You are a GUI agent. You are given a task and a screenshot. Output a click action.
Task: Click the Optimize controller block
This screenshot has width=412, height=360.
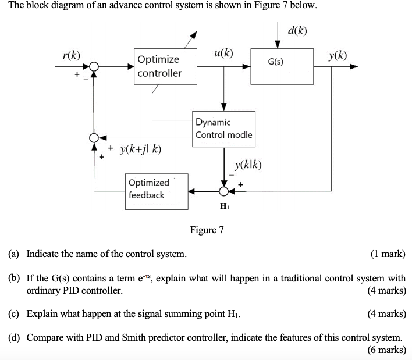click(x=165, y=66)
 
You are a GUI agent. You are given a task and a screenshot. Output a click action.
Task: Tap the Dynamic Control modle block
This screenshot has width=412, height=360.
click(x=224, y=129)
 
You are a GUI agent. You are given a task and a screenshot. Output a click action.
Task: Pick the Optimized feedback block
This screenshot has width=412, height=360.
click(x=157, y=190)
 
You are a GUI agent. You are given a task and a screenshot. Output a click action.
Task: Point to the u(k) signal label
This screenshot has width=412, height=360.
click(x=223, y=54)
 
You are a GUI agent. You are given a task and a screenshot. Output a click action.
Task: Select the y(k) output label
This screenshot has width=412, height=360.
click(x=338, y=56)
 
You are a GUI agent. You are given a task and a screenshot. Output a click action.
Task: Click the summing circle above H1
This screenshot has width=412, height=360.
click(x=224, y=190)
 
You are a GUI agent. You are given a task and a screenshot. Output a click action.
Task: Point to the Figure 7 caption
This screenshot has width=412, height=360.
click(x=207, y=230)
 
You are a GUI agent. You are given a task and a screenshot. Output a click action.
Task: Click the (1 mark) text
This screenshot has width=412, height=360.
click(x=388, y=254)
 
